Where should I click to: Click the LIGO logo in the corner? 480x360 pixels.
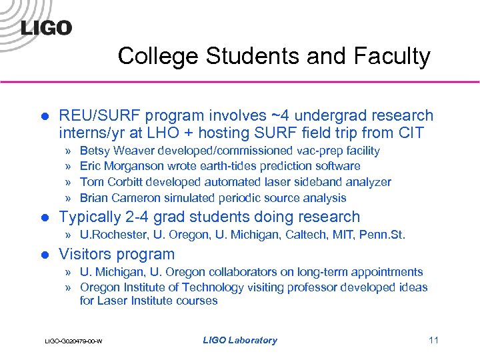[x=46, y=27]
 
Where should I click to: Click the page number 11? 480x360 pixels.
[x=433, y=340]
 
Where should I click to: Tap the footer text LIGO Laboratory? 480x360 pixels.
[x=240, y=340]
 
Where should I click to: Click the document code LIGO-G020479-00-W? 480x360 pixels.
[x=73, y=341]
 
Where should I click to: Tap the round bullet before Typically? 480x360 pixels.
[x=45, y=217]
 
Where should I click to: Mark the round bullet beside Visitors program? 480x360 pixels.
[x=45, y=255]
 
